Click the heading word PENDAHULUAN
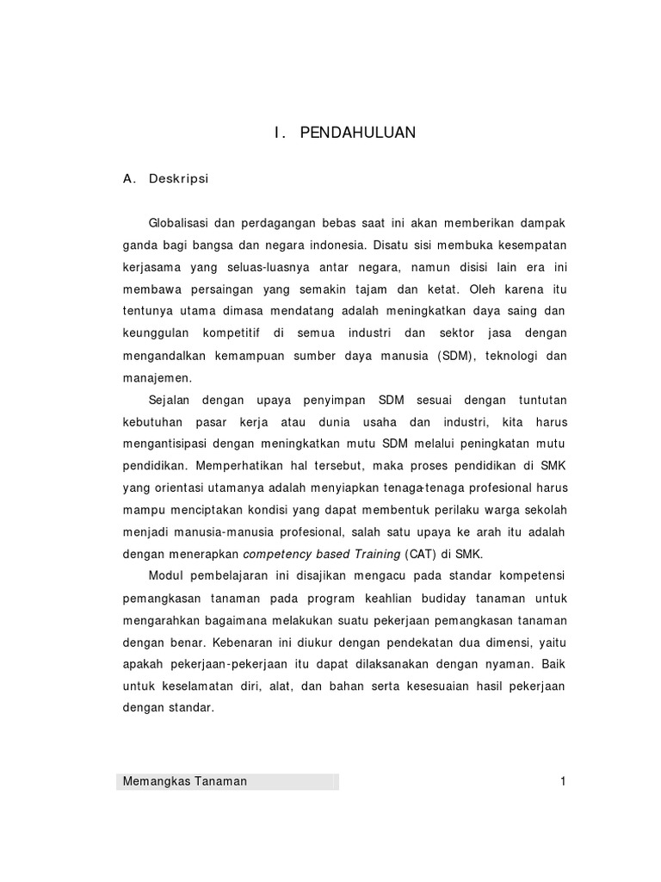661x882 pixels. [x=357, y=133]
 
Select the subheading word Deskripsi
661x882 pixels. [x=179, y=179]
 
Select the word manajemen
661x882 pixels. [x=158, y=378]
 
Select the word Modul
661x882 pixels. [x=165, y=575]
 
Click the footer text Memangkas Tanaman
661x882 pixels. [x=185, y=781]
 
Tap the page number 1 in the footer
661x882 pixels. [x=562, y=781]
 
